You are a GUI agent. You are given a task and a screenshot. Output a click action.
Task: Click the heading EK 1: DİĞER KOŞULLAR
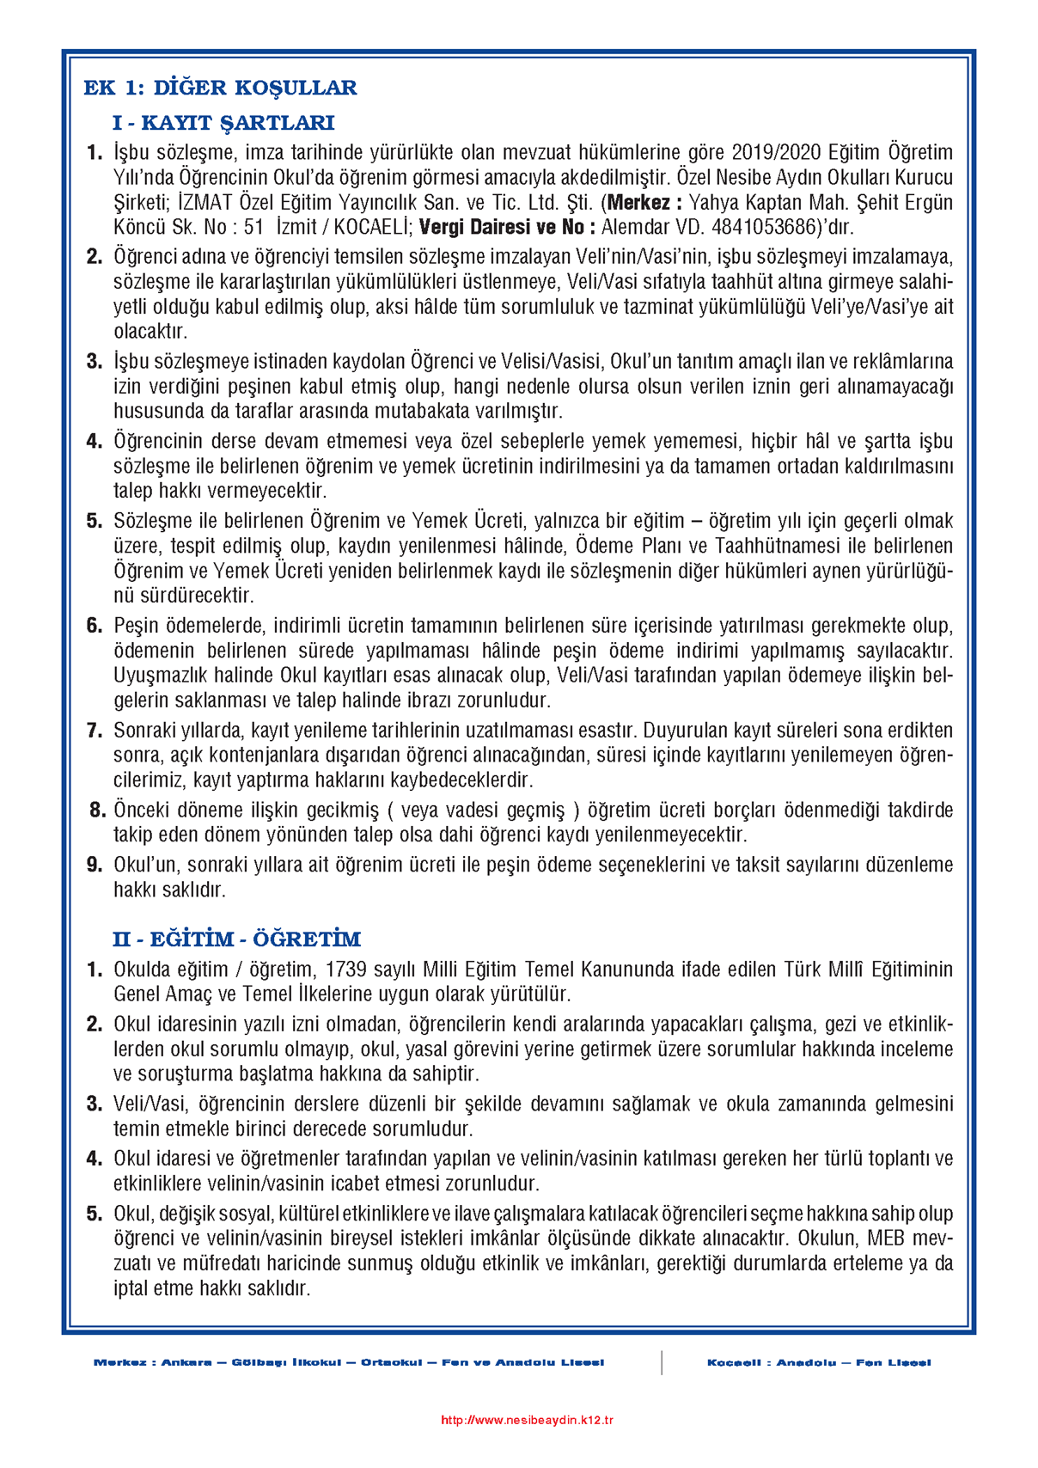[220, 88]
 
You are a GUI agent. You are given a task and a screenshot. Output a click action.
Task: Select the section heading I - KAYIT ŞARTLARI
[223, 123]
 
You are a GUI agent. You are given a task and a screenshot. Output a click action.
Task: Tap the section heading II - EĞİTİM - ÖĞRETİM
[236, 939]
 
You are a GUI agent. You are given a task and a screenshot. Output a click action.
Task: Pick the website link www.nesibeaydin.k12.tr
[527, 1420]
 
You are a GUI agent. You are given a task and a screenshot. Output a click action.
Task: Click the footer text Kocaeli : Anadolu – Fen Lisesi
[818, 1362]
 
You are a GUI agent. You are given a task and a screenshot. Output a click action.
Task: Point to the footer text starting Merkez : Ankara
[349, 1362]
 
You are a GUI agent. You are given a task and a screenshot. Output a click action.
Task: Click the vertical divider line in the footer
[662, 1362]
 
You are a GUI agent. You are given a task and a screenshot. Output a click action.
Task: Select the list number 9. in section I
[95, 865]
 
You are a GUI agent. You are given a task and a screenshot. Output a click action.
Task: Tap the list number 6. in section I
[95, 626]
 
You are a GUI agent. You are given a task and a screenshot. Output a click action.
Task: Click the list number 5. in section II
[95, 1214]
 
